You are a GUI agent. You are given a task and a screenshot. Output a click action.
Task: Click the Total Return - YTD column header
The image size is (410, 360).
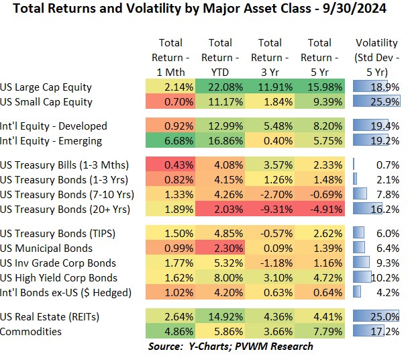pos(221,58)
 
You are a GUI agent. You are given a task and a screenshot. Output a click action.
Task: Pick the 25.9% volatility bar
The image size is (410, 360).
pos(376,102)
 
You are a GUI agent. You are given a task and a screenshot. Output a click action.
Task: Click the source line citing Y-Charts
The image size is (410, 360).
pos(230,347)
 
